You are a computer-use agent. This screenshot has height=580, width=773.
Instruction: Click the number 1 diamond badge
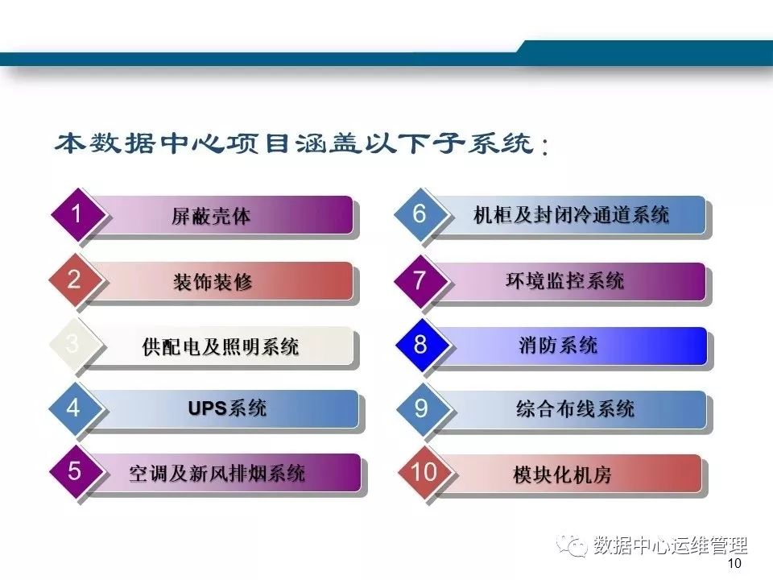click(x=76, y=215)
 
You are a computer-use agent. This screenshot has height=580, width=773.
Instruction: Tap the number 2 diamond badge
click(x=74, y=280)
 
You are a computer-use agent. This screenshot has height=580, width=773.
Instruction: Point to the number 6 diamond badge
click(x=420, y=215)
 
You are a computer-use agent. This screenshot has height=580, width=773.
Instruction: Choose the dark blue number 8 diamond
click(x=420, y=345)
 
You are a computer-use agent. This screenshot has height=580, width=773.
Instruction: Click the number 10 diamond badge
click(x=423, y=472)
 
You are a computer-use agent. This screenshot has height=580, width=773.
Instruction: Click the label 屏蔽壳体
click(x=211, y=217)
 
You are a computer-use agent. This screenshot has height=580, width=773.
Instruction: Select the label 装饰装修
click(x=213, y=282)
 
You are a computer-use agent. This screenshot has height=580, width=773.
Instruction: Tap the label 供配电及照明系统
click(x=220, y=347)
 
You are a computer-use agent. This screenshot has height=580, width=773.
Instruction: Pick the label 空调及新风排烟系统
click(x=217, y=474)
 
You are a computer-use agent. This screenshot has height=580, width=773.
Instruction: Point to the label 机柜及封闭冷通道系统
click(x=572, y=216)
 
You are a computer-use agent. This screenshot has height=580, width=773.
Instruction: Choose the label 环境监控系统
click(x=564, y=281)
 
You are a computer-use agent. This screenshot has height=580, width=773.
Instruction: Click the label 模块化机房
click(x=562, y=474)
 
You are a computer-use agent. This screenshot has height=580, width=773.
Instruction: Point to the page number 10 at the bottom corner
click(x=734, y=565)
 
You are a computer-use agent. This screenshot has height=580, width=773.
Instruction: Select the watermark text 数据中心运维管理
click(x=670, y=546)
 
